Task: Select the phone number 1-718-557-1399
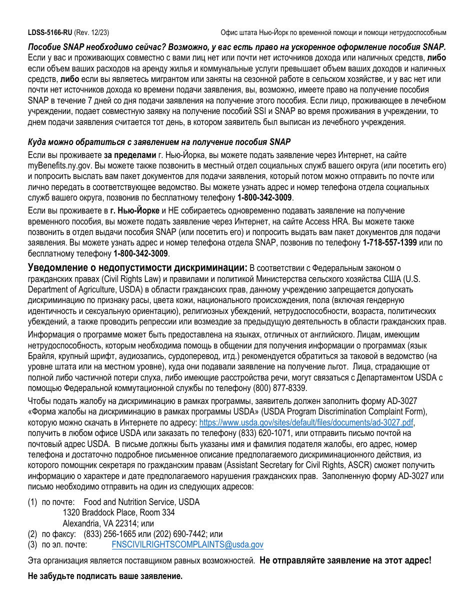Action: tap(389, 242)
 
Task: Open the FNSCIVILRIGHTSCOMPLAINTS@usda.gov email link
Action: tap(187, 545)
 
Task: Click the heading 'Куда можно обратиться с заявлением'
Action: tap(158, 142)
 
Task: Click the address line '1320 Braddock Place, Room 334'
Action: tap(118, 512)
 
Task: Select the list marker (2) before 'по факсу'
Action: tap(32, 534)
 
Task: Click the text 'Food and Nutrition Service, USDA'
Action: tap(141, 501)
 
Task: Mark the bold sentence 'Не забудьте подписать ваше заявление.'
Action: tap(105, 576)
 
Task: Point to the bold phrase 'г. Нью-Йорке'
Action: tap(135, 210)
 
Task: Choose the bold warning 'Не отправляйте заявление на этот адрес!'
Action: tap(345, 560)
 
